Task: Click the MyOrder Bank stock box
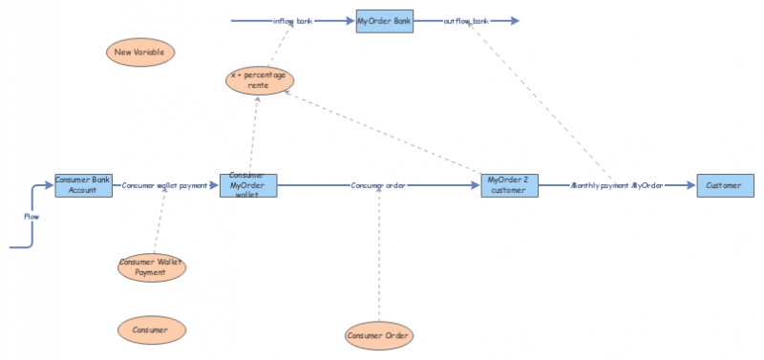[x=385, y=20]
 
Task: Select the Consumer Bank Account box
[x=83, y=185]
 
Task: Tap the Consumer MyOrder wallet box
[x=248, y=185]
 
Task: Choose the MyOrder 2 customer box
[x=510, y=185]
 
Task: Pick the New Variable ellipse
[x=140, y=53]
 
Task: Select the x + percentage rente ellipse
[x=259, y=80]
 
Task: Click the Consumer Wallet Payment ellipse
[x=151, y=266]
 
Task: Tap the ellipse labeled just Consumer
[x=151, y=330]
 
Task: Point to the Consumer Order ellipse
[x=379, y=335]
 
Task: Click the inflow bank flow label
[x=292, y=20]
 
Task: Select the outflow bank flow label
[x=467, y=20]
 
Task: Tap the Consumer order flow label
[x=379, y=185]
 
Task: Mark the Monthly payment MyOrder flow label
[x=616, y=185]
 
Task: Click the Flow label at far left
[x=32, y=217]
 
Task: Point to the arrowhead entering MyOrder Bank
[x=350, y=20]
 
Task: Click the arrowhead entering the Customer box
[x=690, y=185]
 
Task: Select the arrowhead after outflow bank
[x=515, y=20]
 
